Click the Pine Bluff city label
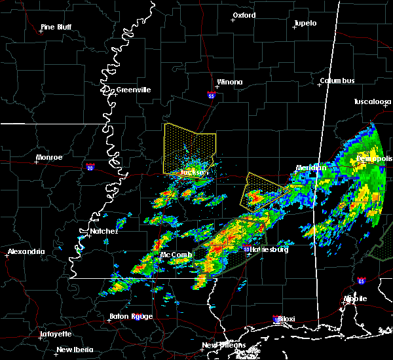[x=56, y=27]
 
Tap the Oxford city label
[x=244, y=15]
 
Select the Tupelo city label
[x=305, y=23]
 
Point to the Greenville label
[x=133, y=90]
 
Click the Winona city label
[x=230, y=82]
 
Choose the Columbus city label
[x=337, y=81]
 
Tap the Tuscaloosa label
[x=372, y=102]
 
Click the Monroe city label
[x=50, y=157]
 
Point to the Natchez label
[x=103, y=231]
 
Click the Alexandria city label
[x=26, y=251]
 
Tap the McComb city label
[x=176, y=255]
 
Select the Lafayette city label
[x=56, y=334]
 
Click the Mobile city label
[x=356, y=298]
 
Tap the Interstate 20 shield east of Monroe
[x=89, y=167]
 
